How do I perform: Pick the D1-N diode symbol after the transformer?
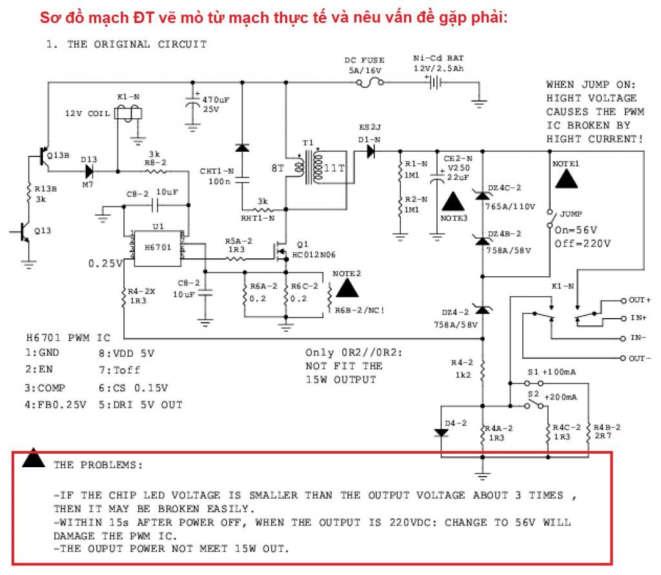(371, 151)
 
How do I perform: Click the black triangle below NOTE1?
(566, 177)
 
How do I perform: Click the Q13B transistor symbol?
(44, 156)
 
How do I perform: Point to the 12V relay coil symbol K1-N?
(128, 114)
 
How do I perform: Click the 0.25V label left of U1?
(105, 263)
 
